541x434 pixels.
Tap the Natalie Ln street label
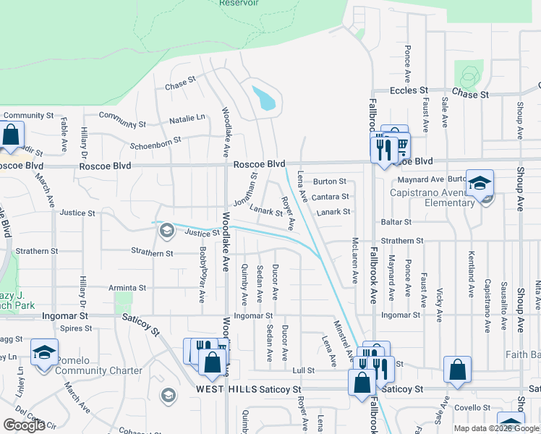(x=187, y=117)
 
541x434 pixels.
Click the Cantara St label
(x=331, y=197)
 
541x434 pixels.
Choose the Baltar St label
(x=397, y=222)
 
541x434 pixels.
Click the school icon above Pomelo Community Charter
(x=45, y=352)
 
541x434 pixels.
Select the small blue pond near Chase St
(x=264, y=98)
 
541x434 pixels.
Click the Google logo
(x=24, y=425)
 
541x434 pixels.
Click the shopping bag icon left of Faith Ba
(x=458, y=370)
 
